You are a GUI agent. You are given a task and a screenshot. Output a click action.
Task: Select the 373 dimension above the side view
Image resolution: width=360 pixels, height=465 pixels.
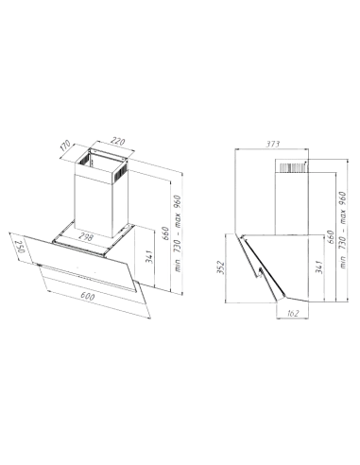[273, 143]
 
